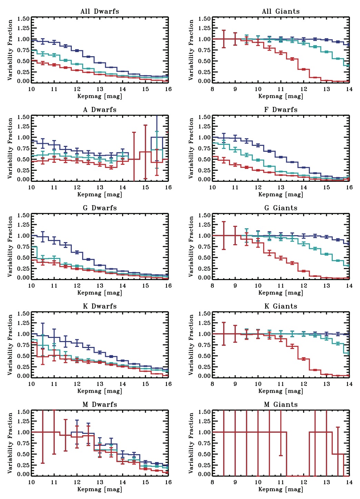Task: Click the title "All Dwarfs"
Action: coord(100,11)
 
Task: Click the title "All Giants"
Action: coord(281,11)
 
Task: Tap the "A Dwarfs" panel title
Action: coord(100,110)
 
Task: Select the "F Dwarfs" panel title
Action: coord(281,110)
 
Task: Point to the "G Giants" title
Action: coord(281,208)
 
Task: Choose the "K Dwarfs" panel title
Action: coord(100,306)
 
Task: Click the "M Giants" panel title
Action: coord(281,405)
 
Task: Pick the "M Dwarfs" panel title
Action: coord(100,405)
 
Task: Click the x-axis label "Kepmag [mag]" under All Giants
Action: coord(281,96)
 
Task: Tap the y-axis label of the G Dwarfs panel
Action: coord(10,246)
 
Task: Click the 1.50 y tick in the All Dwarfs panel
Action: coord(23,19)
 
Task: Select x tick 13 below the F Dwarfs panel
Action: coord(281,187)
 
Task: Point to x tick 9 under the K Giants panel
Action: coord(235,384)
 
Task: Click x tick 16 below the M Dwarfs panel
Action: coord(168,482)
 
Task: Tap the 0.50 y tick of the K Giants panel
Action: coord(204,356)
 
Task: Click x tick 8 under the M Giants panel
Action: coord(212,482)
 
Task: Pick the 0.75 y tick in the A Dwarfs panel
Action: coord(23,148)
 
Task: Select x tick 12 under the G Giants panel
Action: coord(304,286)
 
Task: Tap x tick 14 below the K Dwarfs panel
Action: coord(123,384)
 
